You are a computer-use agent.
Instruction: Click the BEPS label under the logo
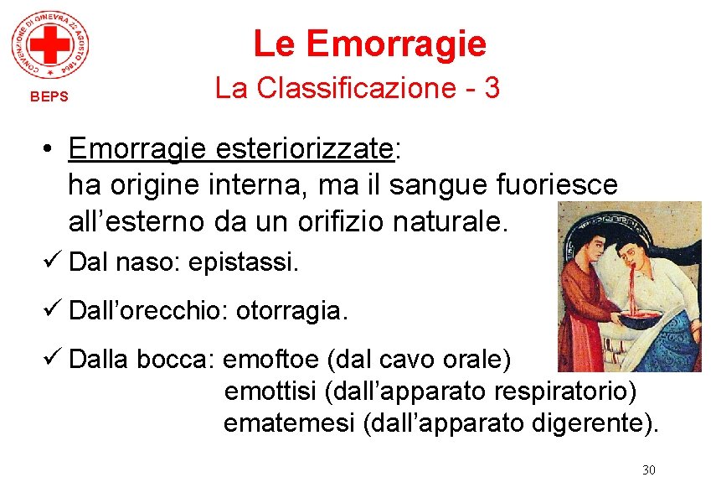pos(49,96)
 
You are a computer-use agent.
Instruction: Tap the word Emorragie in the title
pos(396,43)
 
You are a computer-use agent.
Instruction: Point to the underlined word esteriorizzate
pos(305,148)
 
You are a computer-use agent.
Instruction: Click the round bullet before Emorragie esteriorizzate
pos(52,149)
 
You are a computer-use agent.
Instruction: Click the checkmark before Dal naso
pos(55,262)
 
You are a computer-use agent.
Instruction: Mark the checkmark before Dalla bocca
pos(55,360)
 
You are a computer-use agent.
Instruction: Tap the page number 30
pos(648,469)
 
